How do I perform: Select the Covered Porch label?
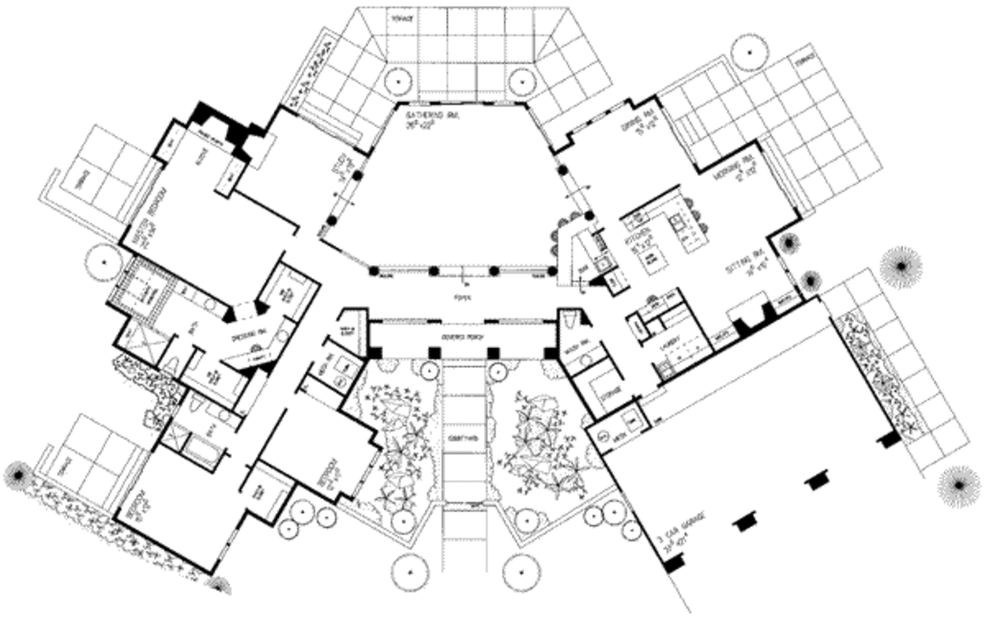(x=463, y=337)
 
